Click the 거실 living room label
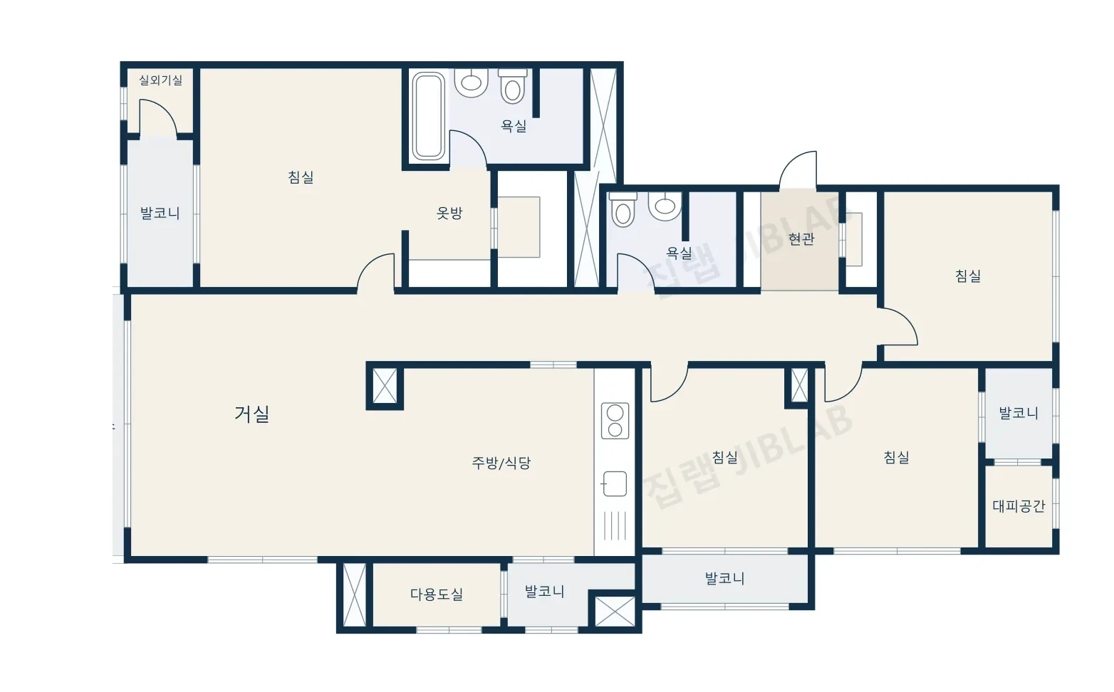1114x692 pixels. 251,414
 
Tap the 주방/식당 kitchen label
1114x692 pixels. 501,463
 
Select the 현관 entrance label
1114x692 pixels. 801,239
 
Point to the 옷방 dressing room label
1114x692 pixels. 449,214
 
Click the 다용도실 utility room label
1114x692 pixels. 437,594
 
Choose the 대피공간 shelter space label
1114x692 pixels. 1019,506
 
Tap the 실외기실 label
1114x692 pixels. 160,80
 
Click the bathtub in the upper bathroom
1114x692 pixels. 428,116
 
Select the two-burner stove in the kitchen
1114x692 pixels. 615,421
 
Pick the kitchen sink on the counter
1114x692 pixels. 615,483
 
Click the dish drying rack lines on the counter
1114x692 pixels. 615,525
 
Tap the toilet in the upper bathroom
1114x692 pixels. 513,86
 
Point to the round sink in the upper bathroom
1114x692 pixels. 471,82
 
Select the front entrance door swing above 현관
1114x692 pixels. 798,170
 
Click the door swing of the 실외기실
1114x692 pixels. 158,117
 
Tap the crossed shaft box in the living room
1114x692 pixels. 385,386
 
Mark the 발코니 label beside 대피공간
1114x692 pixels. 1019,413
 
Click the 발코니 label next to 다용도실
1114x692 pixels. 545,592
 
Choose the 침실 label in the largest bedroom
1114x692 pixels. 301,177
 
